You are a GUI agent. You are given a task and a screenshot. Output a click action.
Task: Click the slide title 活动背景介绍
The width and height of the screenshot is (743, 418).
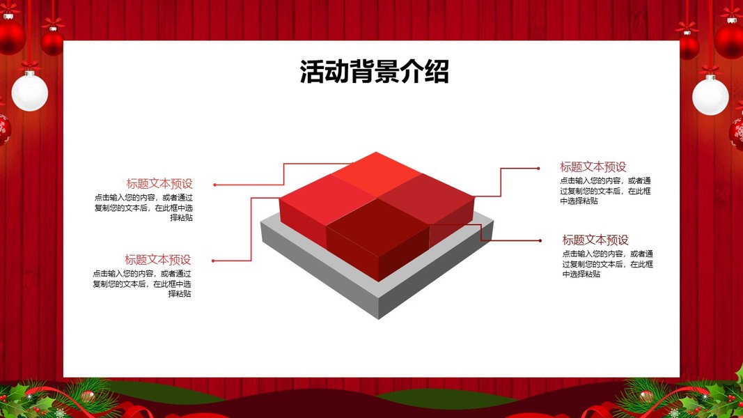[x=375, y=72]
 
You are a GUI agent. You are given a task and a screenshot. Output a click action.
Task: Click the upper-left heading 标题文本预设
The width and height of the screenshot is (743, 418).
[x=159, y=183]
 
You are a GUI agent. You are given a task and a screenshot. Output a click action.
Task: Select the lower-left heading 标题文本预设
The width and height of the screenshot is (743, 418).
[x=158, y=259]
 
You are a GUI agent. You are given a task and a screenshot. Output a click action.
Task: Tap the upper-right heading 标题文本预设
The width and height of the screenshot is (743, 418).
[x=593, y=167]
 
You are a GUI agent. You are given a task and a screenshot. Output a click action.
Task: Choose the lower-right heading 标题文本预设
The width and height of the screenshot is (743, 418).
[x=595, y=240]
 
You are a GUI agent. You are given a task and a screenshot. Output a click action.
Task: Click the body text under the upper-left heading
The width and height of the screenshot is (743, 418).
[x=143, y=208]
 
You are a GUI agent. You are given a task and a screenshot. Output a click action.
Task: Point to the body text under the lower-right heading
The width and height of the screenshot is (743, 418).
[x=608, y=263]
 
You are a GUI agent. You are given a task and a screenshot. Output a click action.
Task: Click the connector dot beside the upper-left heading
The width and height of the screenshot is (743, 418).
[x=214, y=185]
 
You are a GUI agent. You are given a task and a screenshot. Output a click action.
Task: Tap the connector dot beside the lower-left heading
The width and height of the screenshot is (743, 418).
[x=213, y=261]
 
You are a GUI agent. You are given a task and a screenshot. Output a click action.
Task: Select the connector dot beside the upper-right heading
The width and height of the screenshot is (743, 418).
[x=538, y=168]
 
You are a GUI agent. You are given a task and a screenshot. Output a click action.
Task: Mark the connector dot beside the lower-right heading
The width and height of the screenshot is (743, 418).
[x=540, y=241]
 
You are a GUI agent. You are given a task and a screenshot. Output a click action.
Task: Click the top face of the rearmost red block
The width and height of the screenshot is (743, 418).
[x=376, y=174]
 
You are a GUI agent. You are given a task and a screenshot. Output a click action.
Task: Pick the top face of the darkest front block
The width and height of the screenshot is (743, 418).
[x=377, y=222]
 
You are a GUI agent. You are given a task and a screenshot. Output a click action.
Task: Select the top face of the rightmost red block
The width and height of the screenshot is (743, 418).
[x=426, y=198]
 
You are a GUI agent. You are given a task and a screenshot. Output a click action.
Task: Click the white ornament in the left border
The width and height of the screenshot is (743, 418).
[x=30, y=91]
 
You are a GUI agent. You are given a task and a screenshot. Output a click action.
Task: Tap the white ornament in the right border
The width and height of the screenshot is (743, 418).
[x=710, y=95]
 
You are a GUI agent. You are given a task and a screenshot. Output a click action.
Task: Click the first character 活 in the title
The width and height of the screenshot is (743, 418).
[x=312, y=72]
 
